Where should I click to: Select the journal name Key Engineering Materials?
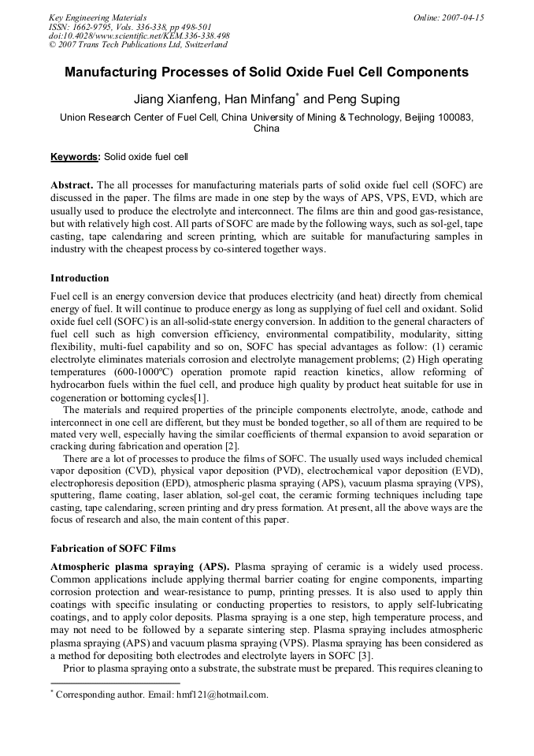[x=98, y=17]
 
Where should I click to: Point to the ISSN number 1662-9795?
[x=94, y=26]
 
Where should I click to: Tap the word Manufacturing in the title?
[x=115, y=73]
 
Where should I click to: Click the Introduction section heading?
[x=80, y=278]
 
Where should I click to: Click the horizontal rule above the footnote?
[x=115, y=683]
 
